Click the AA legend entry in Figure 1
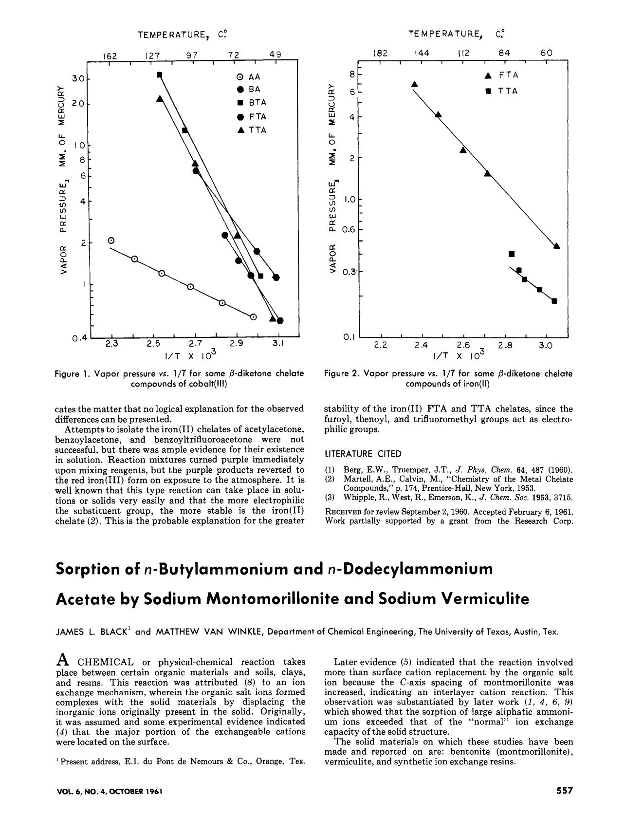[249, 77]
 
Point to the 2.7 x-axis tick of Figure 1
[196, 344]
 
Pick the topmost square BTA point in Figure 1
[159, 74]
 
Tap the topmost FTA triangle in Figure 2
[415, 84]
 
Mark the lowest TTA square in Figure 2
[554, 301]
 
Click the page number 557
[565, 791]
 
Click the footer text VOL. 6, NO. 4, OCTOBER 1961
[109, 791]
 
